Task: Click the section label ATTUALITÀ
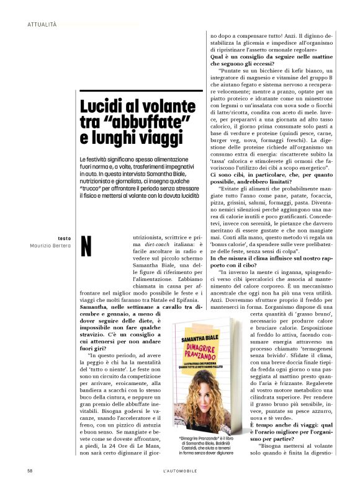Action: click(42, 24)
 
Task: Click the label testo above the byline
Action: click(64, 238)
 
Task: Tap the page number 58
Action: click(30, 471)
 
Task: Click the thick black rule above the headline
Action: click(142, 91)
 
